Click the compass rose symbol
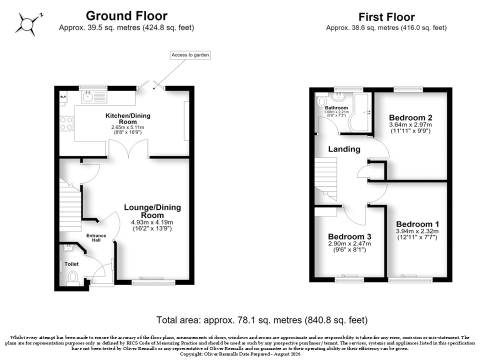(27, 24)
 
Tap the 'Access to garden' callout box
(190, 55)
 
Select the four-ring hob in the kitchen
(66, 123)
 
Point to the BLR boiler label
(63, 96)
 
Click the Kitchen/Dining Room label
(128, 119)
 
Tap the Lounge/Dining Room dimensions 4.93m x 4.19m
(152, 222)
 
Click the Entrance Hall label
(96, 238)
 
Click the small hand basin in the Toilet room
(68, 247)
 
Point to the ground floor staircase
(70, 205)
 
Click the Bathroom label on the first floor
(336, 108)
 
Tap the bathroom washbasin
(339, 96)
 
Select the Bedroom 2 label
(410, 117)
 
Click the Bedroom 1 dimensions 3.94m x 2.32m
(417, 231)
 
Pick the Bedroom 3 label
(349, 236)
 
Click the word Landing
(344, 149)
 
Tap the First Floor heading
(386, 17)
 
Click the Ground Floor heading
(126, 16)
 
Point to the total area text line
(262, 320)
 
